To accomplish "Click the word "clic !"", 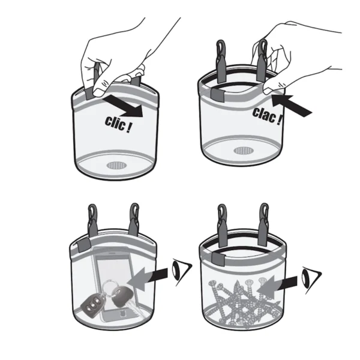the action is [118, 124].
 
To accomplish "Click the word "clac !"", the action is [267, 116].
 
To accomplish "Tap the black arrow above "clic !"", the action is [123, 106].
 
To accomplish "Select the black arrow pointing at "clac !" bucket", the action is [292, 105].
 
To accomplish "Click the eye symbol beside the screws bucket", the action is [311, 280].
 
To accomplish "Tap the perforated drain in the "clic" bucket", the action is [116, 166].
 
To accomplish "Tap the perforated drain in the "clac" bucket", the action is [244, 151].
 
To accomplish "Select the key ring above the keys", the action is [110, 287].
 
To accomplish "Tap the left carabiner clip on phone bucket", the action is [92, 220].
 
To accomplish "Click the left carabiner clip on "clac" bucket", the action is [221, 61].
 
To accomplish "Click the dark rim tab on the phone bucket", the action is [83, 245].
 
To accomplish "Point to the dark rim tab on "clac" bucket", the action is [217, 95].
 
